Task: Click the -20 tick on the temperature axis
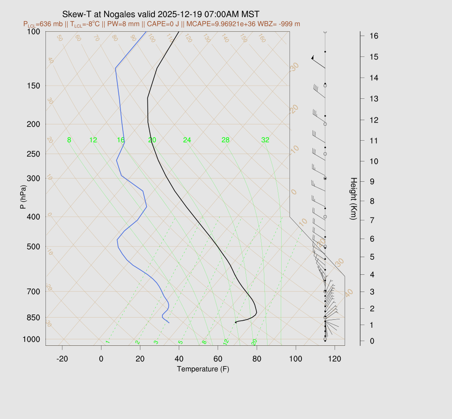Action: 62,359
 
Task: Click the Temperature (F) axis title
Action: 203,369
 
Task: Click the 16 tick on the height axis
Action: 373,36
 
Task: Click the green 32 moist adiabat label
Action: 265,140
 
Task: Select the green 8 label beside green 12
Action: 69,140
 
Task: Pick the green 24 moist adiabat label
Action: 187,140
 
